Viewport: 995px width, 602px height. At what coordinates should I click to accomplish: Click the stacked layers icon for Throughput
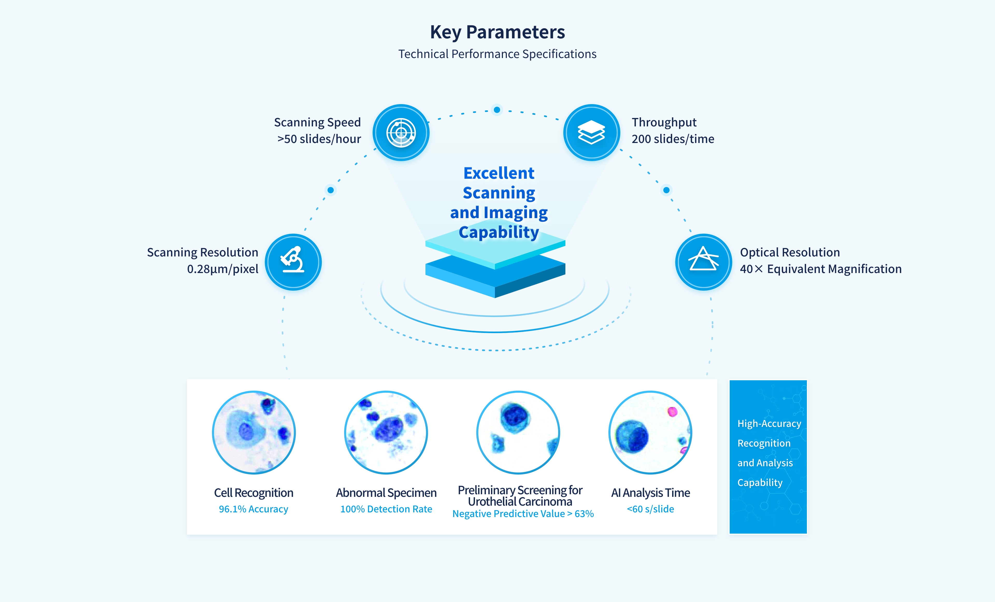coord(591,132)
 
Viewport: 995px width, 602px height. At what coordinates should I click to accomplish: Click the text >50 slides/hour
coord(319,139)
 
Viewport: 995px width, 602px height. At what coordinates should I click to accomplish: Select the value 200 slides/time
coord(673,139)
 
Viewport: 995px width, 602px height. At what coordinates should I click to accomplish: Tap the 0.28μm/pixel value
coord(223,269)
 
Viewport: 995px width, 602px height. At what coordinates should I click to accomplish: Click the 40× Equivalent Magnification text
coord(821,269)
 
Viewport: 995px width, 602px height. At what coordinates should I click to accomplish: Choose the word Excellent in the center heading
coord(499,173)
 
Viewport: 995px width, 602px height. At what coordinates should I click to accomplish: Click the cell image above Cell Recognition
coord(254,432)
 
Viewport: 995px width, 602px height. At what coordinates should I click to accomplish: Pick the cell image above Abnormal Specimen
coord(386,432)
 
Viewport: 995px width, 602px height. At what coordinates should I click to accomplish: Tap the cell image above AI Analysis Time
coord(650,432)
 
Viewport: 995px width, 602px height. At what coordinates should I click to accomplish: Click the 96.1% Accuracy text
coord(254,509)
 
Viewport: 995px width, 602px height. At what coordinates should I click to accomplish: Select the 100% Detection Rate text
coord(386,509)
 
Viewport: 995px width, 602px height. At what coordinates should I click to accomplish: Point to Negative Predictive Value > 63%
coord(523,514)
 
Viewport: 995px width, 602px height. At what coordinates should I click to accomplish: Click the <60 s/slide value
coord(650,509)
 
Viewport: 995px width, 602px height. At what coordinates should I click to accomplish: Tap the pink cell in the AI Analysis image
coord(672,412)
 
